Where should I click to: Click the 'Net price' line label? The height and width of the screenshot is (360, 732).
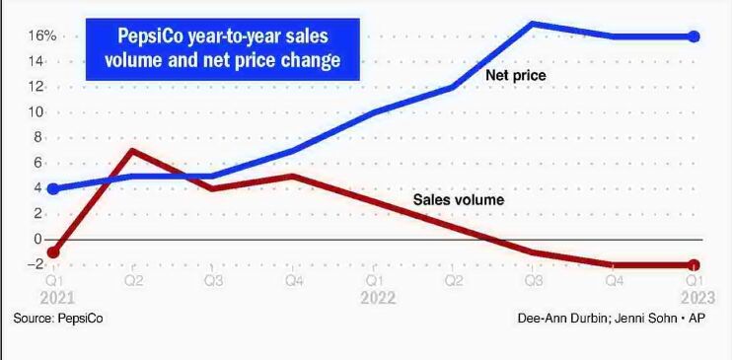click(515, 75)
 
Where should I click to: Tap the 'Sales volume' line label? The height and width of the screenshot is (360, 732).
click(458, 200)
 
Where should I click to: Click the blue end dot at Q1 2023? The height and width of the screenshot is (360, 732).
click(694, 36)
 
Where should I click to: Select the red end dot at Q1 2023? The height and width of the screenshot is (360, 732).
click(694, 264)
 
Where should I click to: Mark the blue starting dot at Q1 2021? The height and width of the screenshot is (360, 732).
click(52, 188)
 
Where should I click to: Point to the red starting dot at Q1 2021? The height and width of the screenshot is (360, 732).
click(52, 252)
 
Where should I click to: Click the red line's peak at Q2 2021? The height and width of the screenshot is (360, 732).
click(132, 151)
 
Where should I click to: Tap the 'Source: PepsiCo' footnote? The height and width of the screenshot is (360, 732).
click(58, 319)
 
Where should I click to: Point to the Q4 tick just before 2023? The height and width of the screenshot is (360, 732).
click(614, 281)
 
